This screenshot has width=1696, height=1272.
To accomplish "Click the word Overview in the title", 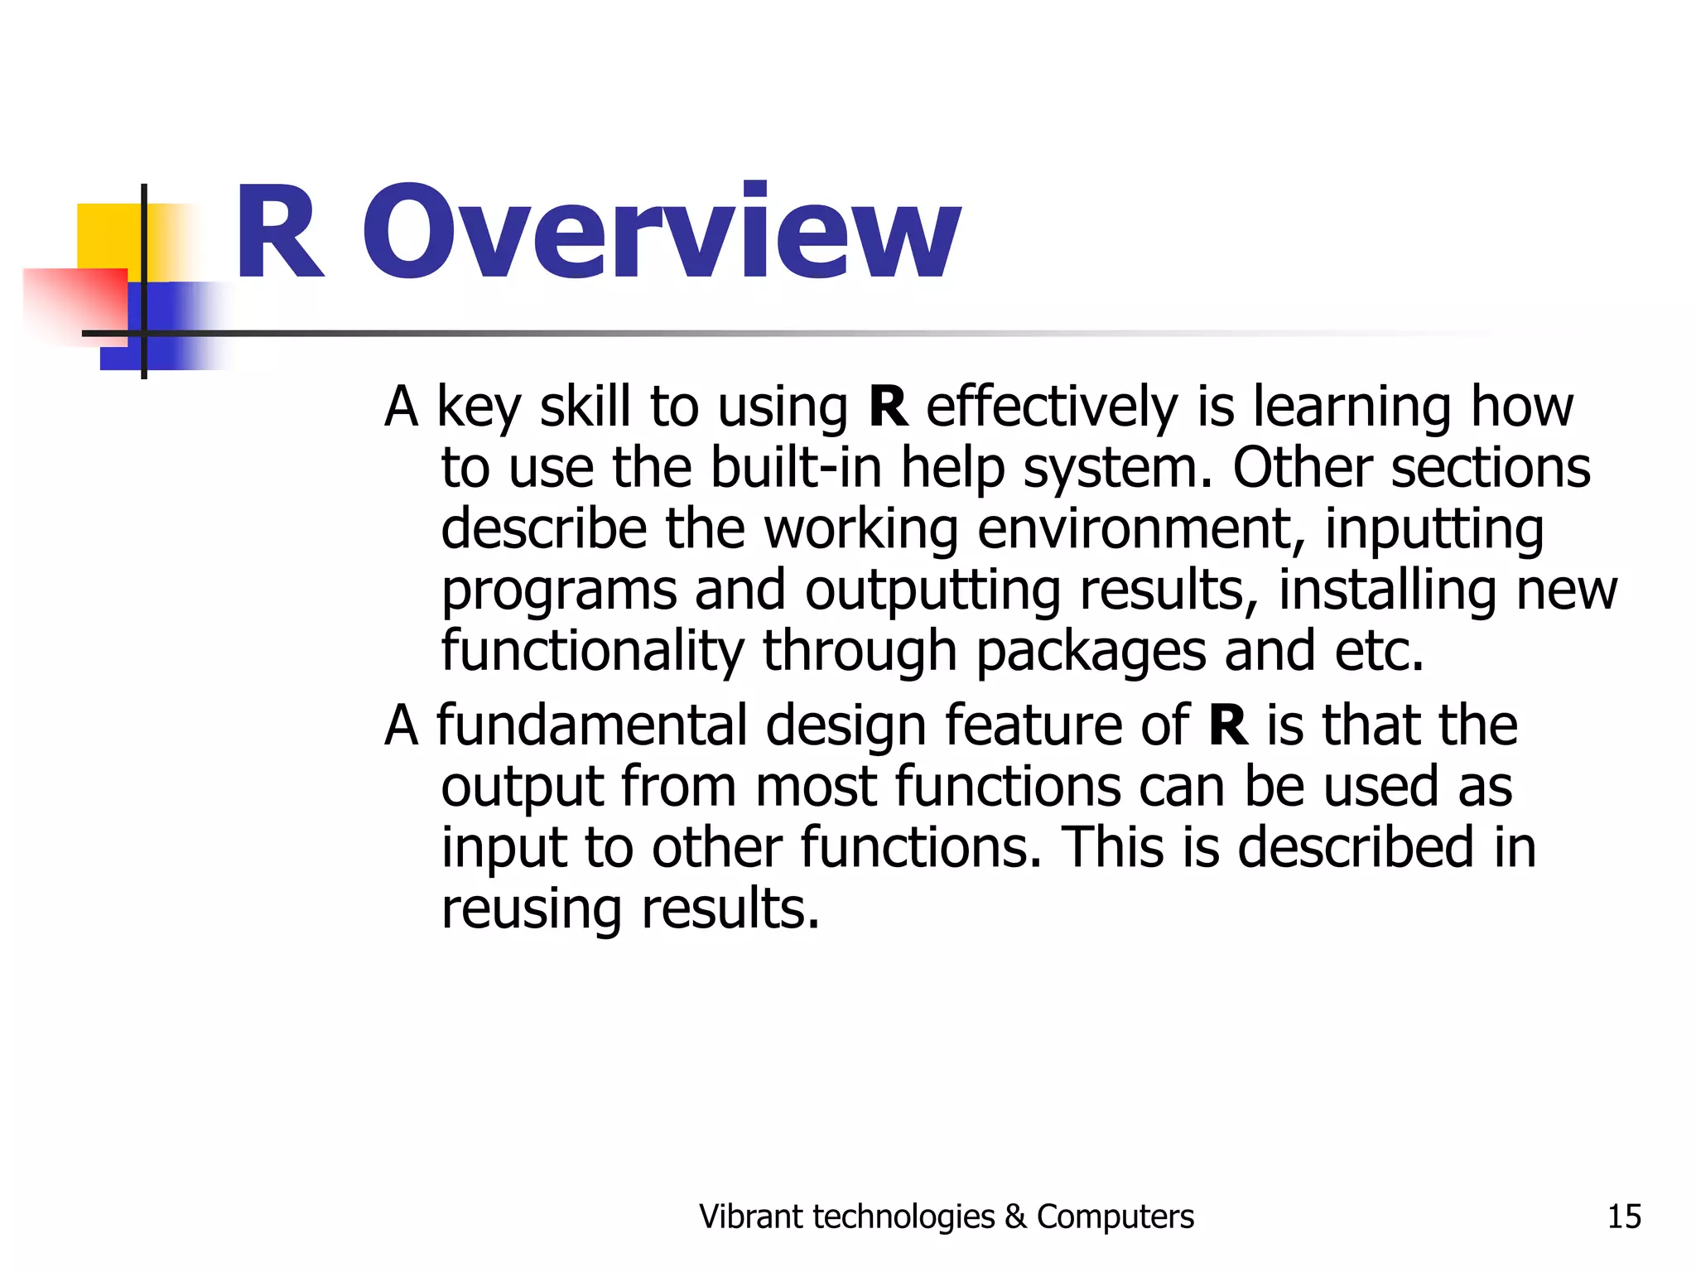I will (661, 232).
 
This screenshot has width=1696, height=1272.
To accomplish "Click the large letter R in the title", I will (279, 234).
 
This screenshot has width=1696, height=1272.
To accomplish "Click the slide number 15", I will (1623, 1217).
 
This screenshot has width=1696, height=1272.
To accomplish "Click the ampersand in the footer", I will (1014, 1217).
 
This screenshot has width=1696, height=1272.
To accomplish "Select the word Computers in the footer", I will (1115, 1217).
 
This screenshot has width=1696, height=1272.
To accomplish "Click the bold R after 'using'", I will (888, 407).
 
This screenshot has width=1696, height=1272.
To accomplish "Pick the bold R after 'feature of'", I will (1227, 725).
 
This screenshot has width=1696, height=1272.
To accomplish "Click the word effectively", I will (1051, 407).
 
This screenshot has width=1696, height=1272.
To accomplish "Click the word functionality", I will (592, 651).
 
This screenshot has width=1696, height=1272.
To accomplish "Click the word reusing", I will (531, 910).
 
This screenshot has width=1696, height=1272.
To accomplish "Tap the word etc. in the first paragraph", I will (1378, 651).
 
